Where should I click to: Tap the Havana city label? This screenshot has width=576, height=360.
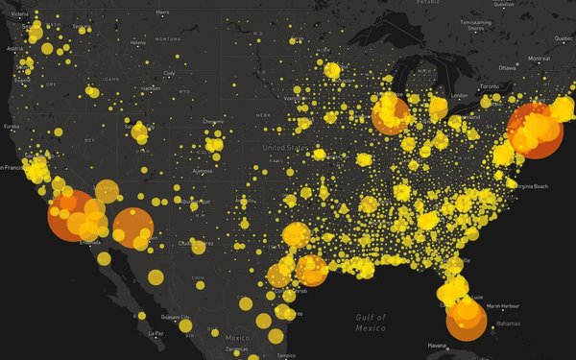click(x=438, y=346)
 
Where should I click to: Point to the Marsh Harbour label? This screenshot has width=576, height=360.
click(x=502, y=306)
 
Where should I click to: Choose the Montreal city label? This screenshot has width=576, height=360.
click(x=538, y=60)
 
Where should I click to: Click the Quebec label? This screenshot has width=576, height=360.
click(x=563, y=38)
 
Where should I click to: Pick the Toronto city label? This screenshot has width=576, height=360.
click(x=490, y=86)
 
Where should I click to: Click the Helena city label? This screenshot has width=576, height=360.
click(x=138, y=42)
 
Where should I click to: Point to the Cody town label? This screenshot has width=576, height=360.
click(x=169, y=73)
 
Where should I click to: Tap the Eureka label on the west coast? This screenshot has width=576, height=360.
click(x=11, y=126)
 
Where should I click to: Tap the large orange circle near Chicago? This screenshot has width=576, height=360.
click(x=391, y=115)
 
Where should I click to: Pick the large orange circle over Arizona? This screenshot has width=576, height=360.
click(x=132, y=228)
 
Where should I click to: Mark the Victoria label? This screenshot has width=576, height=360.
click(x=19, y=14)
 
